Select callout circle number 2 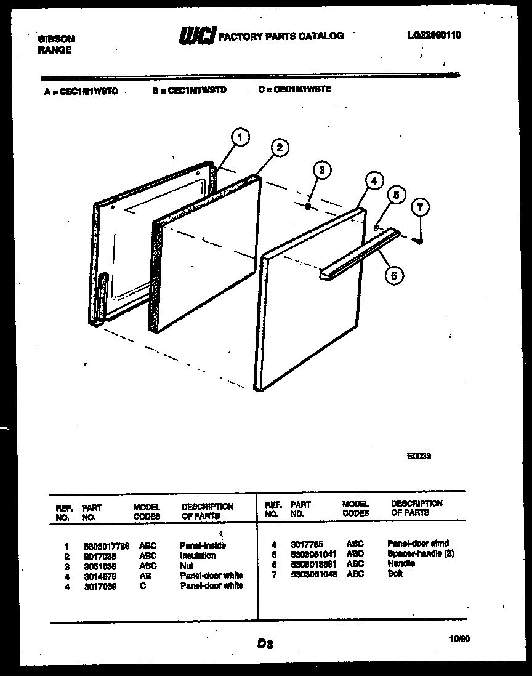coord(279,148)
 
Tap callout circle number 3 coord(321,171)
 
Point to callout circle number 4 coord(373,180)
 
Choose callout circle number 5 coord(396,196)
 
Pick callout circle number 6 coord(394,275)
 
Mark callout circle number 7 coord(419,207)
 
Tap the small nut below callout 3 coord(307,207)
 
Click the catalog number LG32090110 coord(433,36)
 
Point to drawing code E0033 coord(419,456)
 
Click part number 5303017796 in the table coord(106,545)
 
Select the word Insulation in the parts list coord(198,555)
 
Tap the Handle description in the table coord(401,563)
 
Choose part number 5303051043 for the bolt coord(314,574)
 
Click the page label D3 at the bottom coord(265,644)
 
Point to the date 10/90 coord(459,640)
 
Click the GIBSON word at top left coord(56,39)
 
